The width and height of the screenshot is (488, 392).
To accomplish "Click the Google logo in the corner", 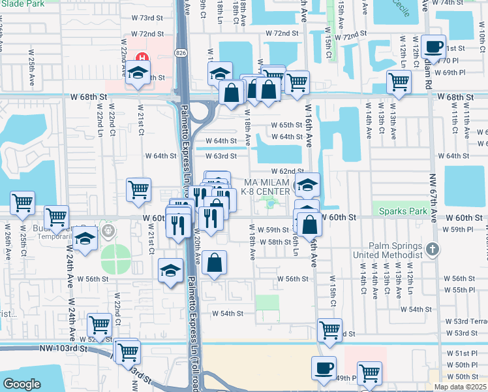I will (x=22, y=384).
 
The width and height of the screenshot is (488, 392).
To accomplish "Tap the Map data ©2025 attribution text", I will (x=459, y=387).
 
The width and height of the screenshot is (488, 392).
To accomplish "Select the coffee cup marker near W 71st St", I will (x=433, y=47).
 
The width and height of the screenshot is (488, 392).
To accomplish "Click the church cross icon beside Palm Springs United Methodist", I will (x=432, y=249).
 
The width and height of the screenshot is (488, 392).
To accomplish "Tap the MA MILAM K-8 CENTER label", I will (x=266, y=186).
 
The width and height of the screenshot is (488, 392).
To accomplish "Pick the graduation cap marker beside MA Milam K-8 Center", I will (x=307, y=186).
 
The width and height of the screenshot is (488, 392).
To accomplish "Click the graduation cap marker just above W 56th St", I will (x=170, y=270).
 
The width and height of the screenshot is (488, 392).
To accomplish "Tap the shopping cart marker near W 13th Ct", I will (x=399, y=82).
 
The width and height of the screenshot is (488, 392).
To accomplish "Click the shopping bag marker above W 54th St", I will (x=214, y=263).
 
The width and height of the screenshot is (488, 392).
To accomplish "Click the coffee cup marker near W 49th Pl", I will (x=324, y=368).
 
